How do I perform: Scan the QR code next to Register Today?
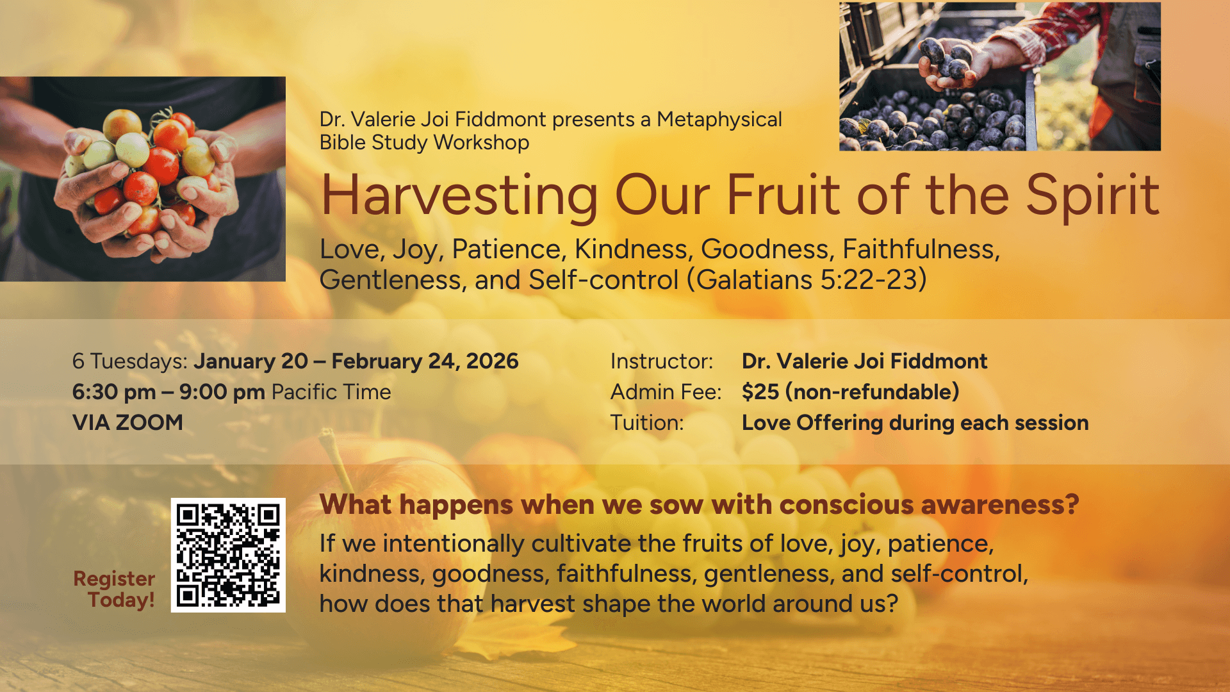pyautogui.click(x=228, y=555)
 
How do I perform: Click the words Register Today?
pyautogui.click(x=115, y=589)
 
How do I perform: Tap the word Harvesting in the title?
pyautogui.click(x=459, y=195)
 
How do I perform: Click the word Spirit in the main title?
pyautogui.click(x=1092, y=195)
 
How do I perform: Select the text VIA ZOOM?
pyautogui.click(x=127, y=423)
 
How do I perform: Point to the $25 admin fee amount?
pyautogui.click(x=760, y=392)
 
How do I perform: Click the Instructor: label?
pyautogui.click(x=661, y=361)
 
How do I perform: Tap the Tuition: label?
pyautogui.click(x=646, y=423)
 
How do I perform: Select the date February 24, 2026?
pyautogui.click(x=425, y=361)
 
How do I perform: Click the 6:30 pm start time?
pyautogui.click(x=114, y=392)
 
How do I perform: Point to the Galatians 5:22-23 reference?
pyautogui.click(x=807, y=280)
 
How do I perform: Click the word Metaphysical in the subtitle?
pyautogui.click(x=719, y=120)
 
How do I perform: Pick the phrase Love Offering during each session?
pyautogui.click(x=915, y=423)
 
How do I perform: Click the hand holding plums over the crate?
pyautogui.click(x=948, y=61)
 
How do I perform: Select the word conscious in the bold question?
pyautogui.click(x=846, y=505)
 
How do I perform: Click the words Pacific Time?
pyautogui.click(x=331, y=392)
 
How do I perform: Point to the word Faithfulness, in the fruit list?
pyautogui.click(x=921, y=249)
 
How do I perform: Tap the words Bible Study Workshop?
pyautogui.click(x=424, y=142)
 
